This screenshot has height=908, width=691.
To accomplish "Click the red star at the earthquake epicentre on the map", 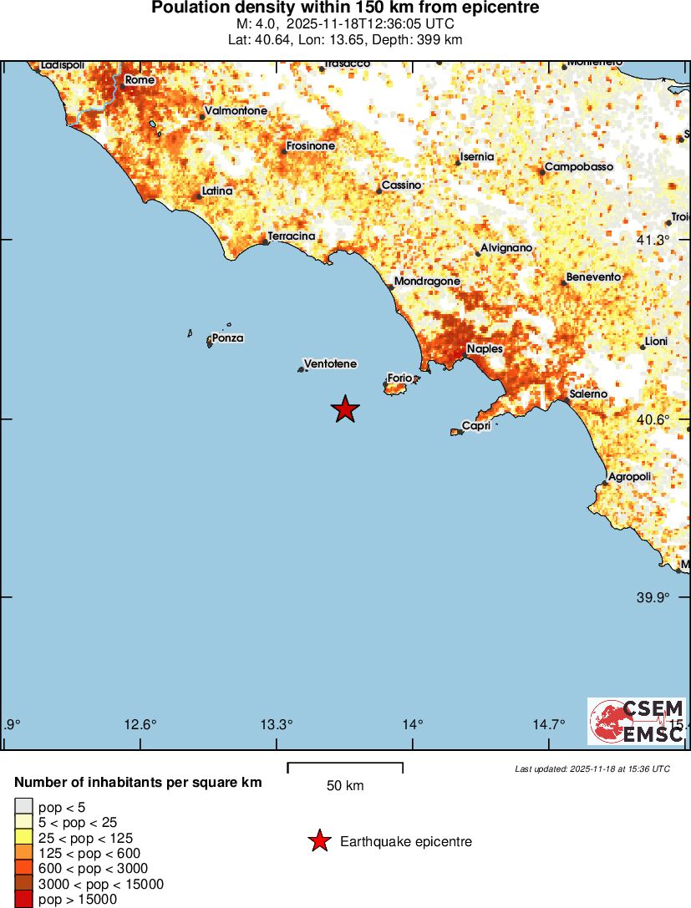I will [x=345, y=409].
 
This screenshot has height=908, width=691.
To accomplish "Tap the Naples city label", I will [x=485, y=349].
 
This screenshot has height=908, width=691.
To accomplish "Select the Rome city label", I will [x=140, y=80].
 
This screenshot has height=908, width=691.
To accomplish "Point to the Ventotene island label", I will [x=330, y=364].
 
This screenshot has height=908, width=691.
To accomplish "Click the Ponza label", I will [x=227, y=338].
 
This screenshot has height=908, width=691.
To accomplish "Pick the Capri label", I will [x=475, y=426].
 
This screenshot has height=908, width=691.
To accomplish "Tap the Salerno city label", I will [x=588, y=394].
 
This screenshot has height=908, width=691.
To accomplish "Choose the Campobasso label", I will [x=578, y=167].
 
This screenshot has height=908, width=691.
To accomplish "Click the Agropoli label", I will [x=629, y=477].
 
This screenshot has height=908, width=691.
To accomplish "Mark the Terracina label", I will [x=292, y=236].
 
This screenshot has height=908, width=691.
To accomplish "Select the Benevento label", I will [x=593, y=277].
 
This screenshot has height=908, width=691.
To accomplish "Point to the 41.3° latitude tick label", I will [x=653, y=241].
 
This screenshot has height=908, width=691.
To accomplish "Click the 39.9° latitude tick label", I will [x=653, y=597].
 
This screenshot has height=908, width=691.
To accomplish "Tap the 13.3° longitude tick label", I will [x=277, y=724].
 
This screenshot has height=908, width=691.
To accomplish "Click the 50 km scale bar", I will [x=345, y=768].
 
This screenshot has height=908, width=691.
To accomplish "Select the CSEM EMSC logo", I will [x=636, y=720].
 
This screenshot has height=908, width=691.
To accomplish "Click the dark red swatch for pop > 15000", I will [x=23, y=900].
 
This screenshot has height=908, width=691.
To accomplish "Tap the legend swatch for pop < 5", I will [x=23, y=807].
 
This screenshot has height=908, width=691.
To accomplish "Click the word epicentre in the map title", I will [x=497, y=8].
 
